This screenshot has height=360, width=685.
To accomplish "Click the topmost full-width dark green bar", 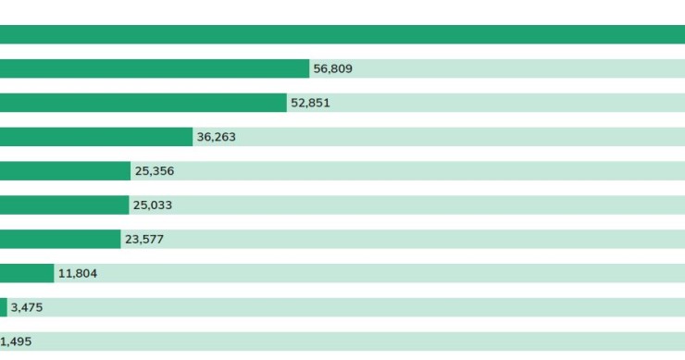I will click(x=342, y=34).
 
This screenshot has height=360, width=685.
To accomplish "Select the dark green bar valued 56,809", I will click(x=154, y=68).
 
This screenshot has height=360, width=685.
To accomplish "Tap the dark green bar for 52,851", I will click(x=143, y=103).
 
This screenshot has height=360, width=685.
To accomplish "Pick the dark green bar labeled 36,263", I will click(x=95, y=137).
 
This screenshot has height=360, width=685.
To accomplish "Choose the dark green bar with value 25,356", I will click(x=65, y=171).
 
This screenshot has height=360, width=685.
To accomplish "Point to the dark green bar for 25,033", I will click(x=64, y=205).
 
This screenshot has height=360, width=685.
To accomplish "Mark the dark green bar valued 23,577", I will click(x=60, y=240).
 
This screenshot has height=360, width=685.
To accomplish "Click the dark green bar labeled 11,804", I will click(x=27, y=274).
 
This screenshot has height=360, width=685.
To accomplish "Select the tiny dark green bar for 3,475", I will click(x=4, y=307).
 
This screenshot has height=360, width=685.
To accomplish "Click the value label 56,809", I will click(x=332, y=69).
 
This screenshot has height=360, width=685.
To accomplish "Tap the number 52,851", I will click(x=310, y=104).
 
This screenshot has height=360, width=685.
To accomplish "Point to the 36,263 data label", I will click(x=216, y=137).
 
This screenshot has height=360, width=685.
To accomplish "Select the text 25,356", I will click(x=154, y=171).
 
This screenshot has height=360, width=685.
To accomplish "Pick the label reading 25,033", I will click(x=152, y=205).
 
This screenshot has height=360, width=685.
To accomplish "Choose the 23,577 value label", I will click(x=144, y=240).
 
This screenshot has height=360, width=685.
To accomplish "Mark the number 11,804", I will click(x=78, y=274).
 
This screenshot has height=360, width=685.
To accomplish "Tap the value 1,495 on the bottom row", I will click(x=16, y=342).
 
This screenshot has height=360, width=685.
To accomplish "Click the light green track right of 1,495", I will click(x=361, y=341).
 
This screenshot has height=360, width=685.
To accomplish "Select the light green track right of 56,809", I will click(x=518, y=68).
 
